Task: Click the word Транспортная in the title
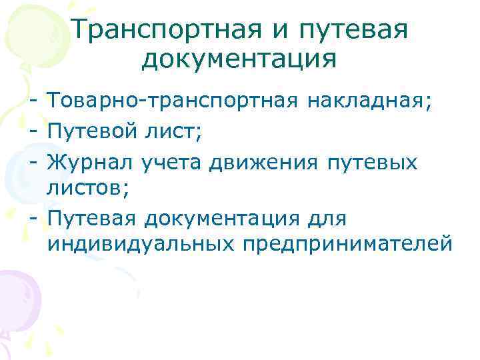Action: point(157,29)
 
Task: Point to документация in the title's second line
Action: point(239,59)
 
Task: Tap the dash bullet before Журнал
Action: point(32,161)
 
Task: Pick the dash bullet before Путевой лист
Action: point(32,132)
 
